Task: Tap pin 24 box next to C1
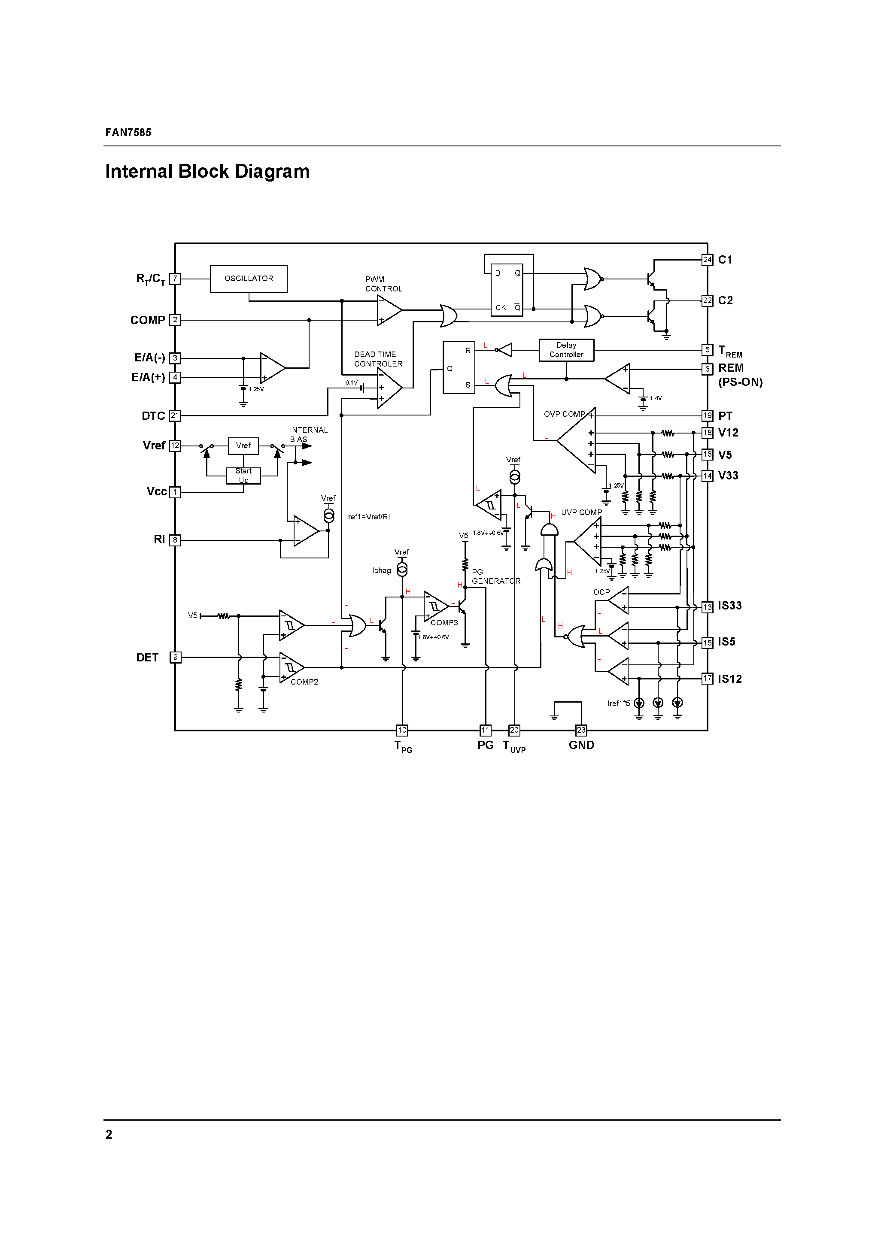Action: (x=707, y=260)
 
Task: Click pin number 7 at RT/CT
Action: (x=175, y=279)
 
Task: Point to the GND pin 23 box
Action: (x=581, y=730)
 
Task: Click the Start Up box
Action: (x=243, y=476)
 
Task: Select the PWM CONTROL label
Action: (x=383, y=284)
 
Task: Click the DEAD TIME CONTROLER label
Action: (x=378, y=359)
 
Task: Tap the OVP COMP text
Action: (x=564, y=414)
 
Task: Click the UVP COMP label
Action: (x=581, y=512)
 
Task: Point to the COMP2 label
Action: (x=304, y=682)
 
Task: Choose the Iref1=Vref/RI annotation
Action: (x=368, y=516)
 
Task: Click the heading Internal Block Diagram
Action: (x=207, y=171)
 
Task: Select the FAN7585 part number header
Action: (x=128, y=132)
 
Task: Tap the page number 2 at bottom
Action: (x=109, y=1135)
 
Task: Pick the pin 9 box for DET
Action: (x=175, y=657)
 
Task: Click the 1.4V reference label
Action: (x=656, y=398)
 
